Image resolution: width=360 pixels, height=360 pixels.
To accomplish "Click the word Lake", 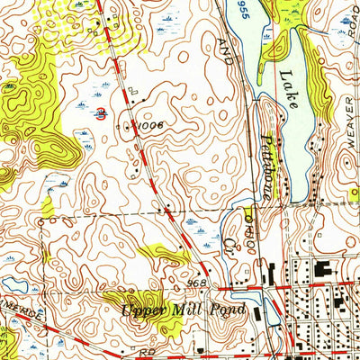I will point(287,89).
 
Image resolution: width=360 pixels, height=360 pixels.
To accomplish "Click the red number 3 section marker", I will point(100,113).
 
